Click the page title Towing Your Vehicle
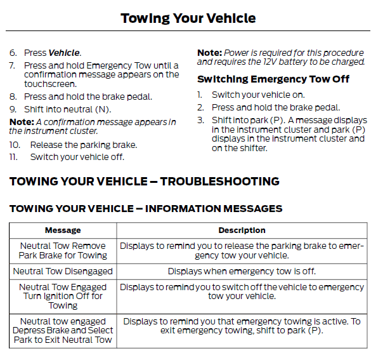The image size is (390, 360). [188, 18]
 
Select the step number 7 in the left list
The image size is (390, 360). [12, 65]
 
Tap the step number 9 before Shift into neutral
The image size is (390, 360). [12, 109]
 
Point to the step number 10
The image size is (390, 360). [14, 145]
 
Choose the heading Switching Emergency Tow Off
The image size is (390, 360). [273, 79]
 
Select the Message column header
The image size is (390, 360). [63, 230]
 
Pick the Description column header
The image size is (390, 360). [242, 230]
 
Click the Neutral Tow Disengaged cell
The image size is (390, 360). [63, 271]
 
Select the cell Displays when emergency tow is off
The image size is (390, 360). [242, 271]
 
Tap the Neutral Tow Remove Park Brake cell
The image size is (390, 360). [63, 251]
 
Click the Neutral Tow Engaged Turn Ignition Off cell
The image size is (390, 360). [63, 296]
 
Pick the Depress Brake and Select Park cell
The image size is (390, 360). [63, 331]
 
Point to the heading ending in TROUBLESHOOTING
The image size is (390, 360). [144, 182]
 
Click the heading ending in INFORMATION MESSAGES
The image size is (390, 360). [146, 208]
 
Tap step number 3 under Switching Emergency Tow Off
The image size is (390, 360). [200, 120]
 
